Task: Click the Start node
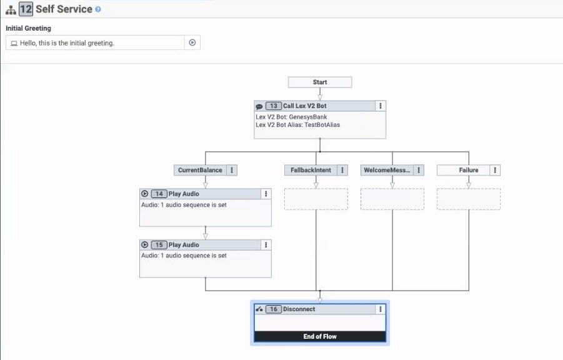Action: (x=320, y=82)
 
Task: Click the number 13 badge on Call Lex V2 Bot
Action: (x=273, y=106)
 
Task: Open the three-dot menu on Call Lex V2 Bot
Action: (x=380, y=106)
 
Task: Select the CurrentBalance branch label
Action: (x=199, y=170)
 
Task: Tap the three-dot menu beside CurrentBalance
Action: (x=232, y=170)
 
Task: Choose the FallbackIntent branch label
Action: (x=311, y=170)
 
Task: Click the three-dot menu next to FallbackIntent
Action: (x=342, y=170)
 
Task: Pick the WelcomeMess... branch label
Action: (x=386, y=170)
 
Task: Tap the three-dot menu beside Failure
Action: (x=495, y=170)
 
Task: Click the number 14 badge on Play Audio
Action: (x=159, y=194)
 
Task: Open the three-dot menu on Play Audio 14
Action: (x=266, y=194)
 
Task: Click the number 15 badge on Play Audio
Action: (x=159, y=245)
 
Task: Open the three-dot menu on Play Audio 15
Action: (x=266, y=245)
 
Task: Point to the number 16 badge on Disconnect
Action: (x=273, y=309)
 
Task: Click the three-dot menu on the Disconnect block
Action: (x=380, y=309)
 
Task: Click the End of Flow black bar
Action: (x=320, y=336)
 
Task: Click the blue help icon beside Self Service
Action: (x=98, y=9)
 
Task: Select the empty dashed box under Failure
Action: (x=468, y=199)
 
